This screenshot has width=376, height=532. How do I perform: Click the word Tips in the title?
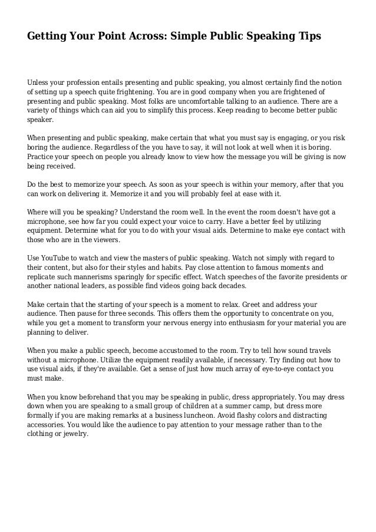point(308,37)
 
